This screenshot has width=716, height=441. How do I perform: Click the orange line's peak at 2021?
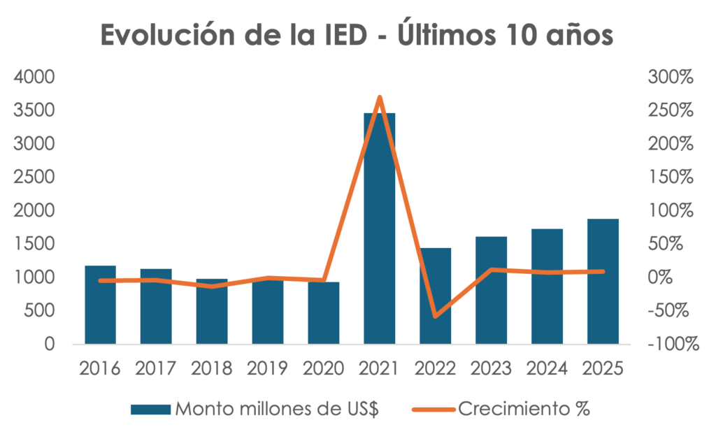pos(380,97)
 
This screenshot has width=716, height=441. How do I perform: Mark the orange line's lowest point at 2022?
pos(436,317)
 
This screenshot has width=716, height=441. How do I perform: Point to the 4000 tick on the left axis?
pos(34,77)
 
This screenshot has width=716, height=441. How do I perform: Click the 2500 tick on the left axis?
pos(34,178)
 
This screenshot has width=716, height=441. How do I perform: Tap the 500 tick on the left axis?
pos(39,311)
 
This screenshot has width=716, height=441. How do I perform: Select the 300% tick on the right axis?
pos(671,77)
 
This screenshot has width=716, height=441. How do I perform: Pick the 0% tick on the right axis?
pos(661,277)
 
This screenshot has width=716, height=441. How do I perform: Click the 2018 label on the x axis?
pos(212,368)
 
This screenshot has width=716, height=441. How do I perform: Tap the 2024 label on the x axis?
pos(547,368)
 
